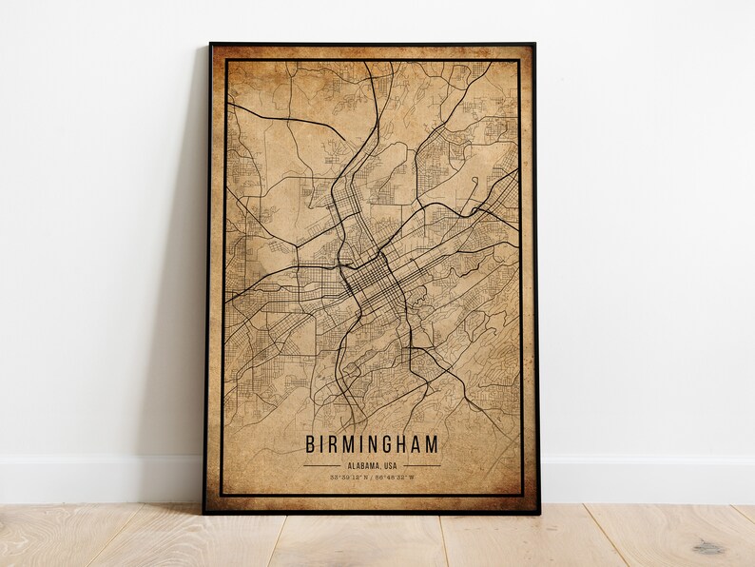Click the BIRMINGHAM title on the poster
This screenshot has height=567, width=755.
pos(372,444)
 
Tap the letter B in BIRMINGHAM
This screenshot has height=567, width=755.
pos(310,444)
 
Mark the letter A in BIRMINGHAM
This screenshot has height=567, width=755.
pos(419,444)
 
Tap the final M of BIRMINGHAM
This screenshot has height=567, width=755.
pos(434,444)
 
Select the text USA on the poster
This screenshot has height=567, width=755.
pos(387,465)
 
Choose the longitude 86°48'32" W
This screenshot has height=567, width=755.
pos(395,476)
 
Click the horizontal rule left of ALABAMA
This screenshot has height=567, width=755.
pos(320,465)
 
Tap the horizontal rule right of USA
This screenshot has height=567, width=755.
pos(421,465)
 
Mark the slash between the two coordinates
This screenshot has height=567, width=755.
pos(371,476)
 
